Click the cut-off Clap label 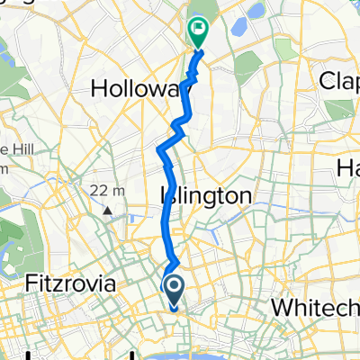coord(340,81)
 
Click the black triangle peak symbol coord(107,211)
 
